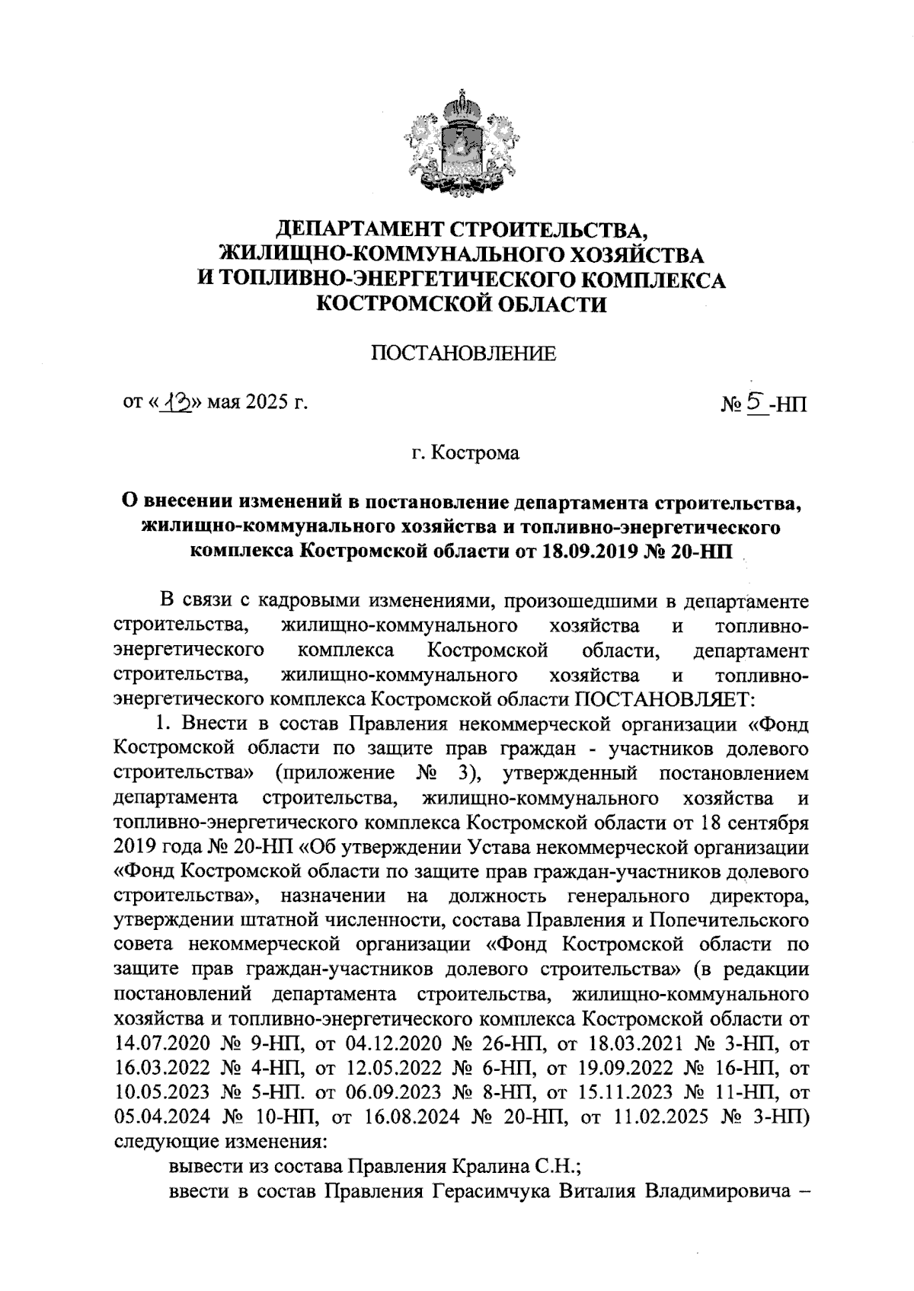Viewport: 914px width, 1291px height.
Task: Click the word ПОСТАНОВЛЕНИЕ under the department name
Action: click(x=462, y=353)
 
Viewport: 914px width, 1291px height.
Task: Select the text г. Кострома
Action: click(x=465, y=454)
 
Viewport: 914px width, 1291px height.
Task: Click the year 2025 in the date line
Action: click(x=262, y=402)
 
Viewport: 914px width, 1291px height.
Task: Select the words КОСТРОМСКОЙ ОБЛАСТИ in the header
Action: click(x=462, y=305)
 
